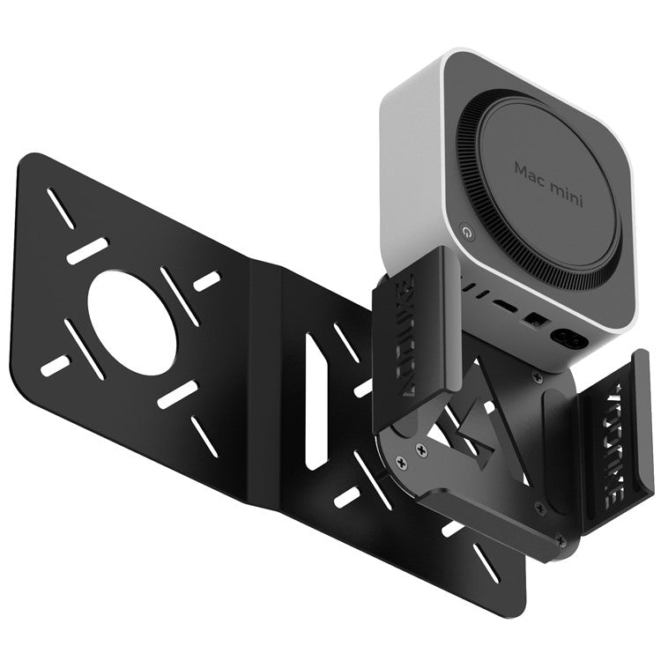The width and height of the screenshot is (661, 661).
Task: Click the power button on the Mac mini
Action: click(x=466, y=232)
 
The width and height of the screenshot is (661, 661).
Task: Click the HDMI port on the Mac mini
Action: click(x=506, y=305)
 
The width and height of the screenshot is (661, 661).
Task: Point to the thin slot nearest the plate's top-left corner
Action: click(x=62, y=208)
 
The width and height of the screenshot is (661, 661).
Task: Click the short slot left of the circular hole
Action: click(x=56, y=365)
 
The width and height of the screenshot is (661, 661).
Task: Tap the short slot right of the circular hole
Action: click(x=206, y=281)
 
